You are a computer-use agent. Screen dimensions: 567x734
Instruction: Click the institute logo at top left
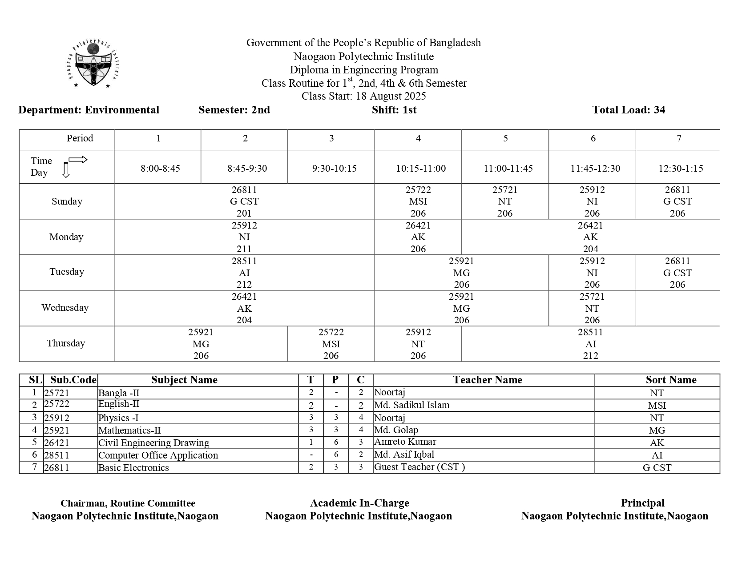[94, 64]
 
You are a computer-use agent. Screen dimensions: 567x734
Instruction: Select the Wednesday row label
[65, 308]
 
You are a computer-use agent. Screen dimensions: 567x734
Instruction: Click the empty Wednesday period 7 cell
[678, 308]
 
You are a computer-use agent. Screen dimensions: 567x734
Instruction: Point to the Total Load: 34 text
[628, 110]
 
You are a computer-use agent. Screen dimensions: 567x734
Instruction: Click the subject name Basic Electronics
[133, 468]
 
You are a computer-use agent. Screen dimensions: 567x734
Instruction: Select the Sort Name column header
[671, 380]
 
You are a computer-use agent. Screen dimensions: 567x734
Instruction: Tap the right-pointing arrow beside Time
[78, 160]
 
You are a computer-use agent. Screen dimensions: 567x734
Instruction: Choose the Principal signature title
[642, 503]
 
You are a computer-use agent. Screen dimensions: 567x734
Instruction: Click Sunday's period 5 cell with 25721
[505, 201]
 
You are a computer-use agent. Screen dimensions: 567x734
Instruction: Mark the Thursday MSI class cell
[331, 344]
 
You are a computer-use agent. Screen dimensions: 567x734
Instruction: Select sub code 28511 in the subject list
[56, 455]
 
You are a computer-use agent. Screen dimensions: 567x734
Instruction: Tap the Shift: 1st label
[394, 110]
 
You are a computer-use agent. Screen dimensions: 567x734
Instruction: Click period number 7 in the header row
[679, 139]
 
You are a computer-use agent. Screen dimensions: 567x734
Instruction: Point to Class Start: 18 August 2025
[363, 96]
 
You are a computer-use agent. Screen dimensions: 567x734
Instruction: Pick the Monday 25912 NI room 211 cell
[244, 237]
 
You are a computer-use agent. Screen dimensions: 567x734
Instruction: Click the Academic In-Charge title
[359, 503]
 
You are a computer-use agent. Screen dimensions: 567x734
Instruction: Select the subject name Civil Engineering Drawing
[153, 443]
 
